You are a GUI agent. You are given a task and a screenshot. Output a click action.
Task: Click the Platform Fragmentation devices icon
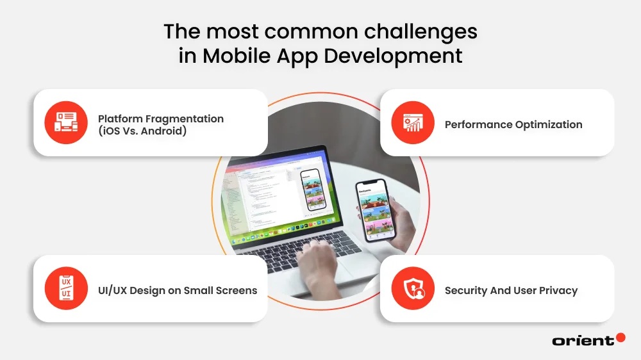66,122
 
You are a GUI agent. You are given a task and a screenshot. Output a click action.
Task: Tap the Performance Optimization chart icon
412,122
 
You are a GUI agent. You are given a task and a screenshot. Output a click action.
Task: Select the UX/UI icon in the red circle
66,288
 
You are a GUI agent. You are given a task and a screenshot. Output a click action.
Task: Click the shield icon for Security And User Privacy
412,288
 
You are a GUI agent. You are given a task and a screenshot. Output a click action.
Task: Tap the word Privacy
556,291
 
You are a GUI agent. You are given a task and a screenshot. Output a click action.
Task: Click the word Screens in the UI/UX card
233,291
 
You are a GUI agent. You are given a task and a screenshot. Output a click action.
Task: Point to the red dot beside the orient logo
620,338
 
